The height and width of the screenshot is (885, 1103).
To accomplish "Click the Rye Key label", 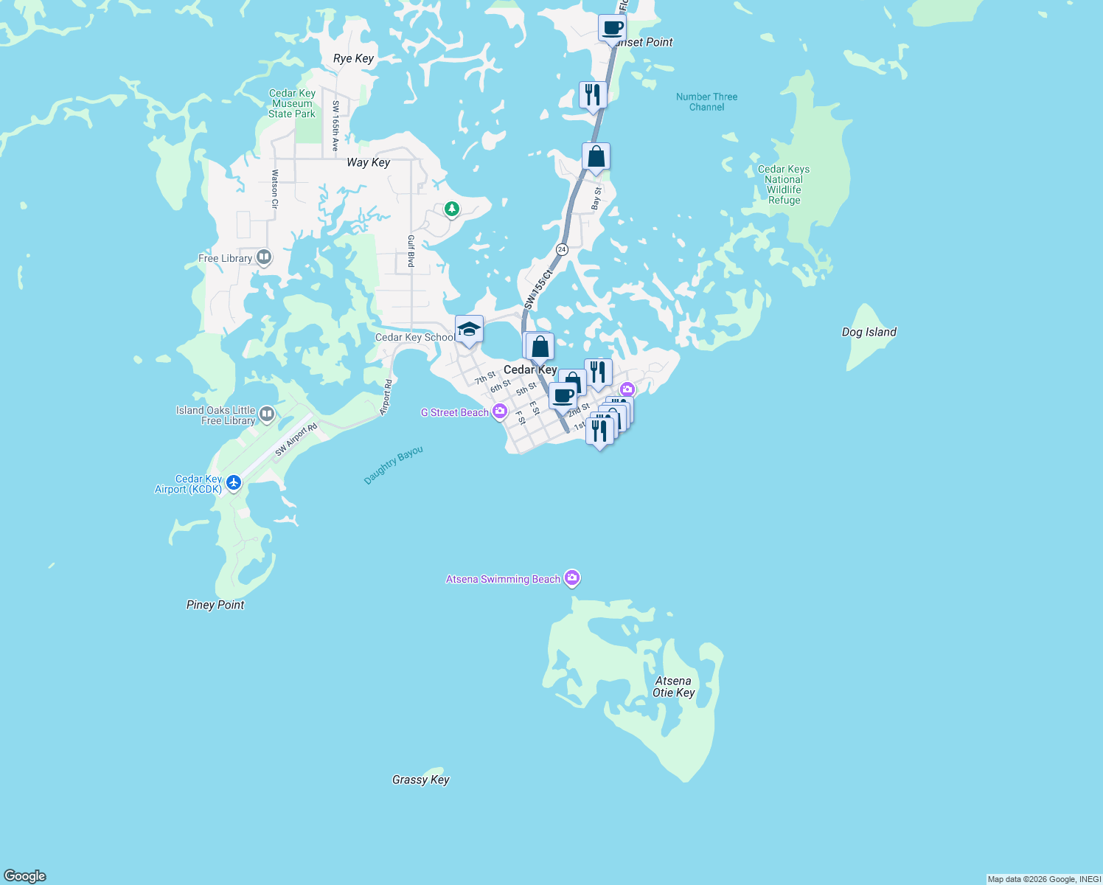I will coord(353,58).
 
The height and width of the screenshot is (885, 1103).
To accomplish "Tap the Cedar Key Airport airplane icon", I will coord(234,483).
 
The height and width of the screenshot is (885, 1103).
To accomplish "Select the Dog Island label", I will coord(869,332).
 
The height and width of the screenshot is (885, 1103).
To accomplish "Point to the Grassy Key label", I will coord(420,780).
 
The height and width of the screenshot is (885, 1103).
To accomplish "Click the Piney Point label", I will coord(215,605).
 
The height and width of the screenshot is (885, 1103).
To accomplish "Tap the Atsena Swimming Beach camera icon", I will coord(572,578).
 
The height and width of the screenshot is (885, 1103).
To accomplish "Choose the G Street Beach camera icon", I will coord(500,412).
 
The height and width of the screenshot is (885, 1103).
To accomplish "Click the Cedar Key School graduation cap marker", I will coord(469,329).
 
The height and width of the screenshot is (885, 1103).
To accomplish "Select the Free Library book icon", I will coord(264,257).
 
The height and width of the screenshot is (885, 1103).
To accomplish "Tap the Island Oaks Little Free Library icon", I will coord(267,414).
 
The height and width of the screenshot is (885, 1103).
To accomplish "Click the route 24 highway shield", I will coord(562,249).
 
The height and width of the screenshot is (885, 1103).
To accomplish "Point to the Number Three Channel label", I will coord(706,102).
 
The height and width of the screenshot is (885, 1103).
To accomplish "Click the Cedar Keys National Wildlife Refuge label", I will coord(783,184).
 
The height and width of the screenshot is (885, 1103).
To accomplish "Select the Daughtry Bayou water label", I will coord(394,465).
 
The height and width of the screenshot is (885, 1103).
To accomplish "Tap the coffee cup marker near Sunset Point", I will coord(612,28).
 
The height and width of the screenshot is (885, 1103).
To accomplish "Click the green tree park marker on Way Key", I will coord(452,209).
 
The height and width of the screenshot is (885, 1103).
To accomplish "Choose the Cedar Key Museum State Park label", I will coord(292,103).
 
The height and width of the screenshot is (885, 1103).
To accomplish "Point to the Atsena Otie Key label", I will coord(673,687).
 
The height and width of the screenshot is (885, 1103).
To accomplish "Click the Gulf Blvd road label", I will coord(411,251).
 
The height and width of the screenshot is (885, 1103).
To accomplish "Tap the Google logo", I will coord(25,875).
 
